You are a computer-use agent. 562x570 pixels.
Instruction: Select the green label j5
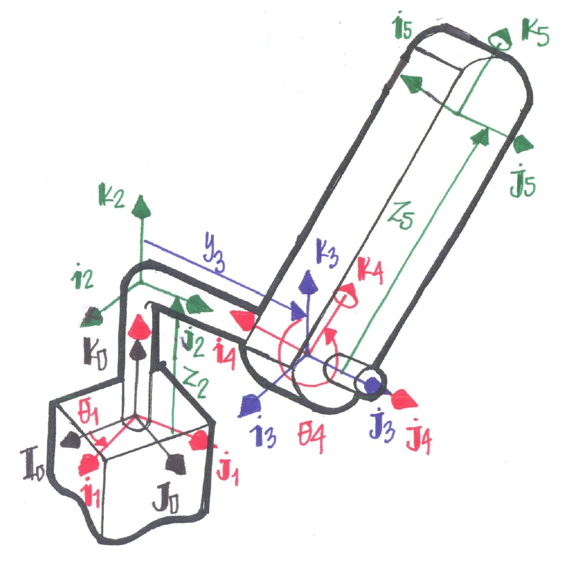click(x=522, y=181)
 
